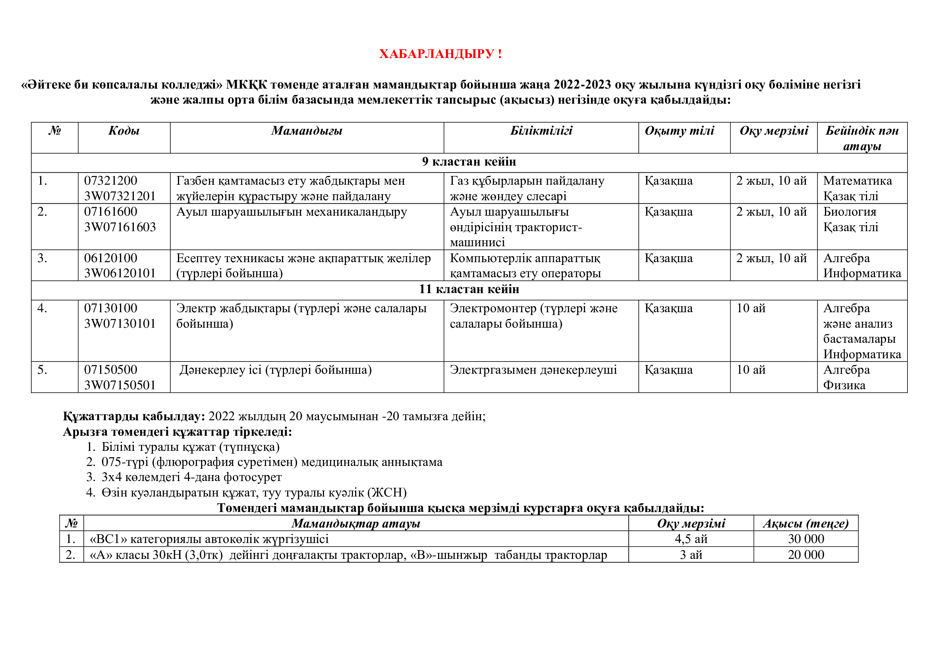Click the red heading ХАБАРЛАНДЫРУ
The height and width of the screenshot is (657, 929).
pyautogui.click(x=440, y=54)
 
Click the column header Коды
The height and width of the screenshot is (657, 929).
pyautogui.click(x=124, y=131)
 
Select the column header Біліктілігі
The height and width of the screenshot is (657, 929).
pyautogui.click(x=541, y=131)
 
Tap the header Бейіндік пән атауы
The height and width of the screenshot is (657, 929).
pyautogui.click(x=862, y=138)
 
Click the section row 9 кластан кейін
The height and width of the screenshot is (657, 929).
pyautogui.click(x=469, y=162)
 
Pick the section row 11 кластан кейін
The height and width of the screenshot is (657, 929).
pyautogui.click(x=469, y=289)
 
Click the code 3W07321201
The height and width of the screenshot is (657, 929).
pyautogui.click(x=120, y=196)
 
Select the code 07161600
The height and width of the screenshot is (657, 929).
pyautogui.click(x=110, y=212)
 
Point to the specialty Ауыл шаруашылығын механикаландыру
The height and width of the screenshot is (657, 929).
pyautogui.click(x=291, y=212)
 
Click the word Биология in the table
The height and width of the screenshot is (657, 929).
pyautogui.click(x=850, y=212)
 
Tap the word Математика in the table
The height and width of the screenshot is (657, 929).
pyautogui.click(x=858, y=181)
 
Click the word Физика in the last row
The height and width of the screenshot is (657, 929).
pyautogui.click(x=844, y=385)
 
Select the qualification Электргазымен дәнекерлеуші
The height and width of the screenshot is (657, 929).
pyautogui.click(x=533, y=370)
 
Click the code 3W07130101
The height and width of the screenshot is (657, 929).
pyautogui.click(x=120, y=324)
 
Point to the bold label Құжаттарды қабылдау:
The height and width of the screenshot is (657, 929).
pyautogui.click(x=134, y=416)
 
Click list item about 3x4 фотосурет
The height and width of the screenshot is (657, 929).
pyautogui.click(x=191, y=477)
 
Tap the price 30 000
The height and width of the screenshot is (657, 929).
pyautogui.click(x=806, y=539)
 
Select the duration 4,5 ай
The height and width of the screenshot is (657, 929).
pyautogui.click(x=691, y=539)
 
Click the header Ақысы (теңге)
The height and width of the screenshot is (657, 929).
pyautogui.click(x=806, y=524)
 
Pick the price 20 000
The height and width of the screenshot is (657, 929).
pyautogui.click(x=806, y=555)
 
